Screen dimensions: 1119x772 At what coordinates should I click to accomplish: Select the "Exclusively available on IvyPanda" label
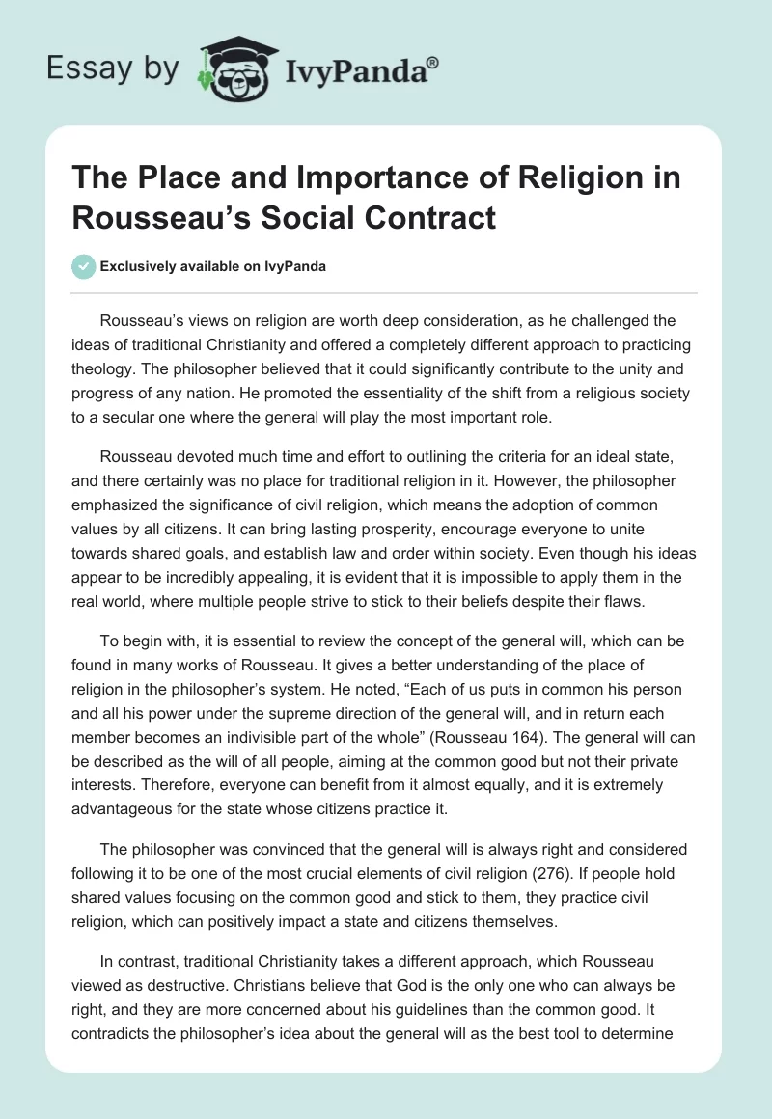click(212, 267)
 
